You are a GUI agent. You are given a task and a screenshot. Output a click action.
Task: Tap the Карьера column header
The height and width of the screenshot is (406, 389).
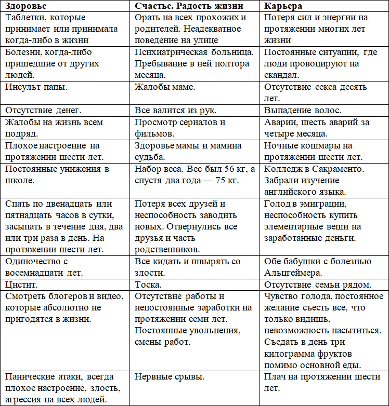(x=283, y=7)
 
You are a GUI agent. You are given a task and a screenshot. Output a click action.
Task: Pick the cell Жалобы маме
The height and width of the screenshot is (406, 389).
(x=165, y=87)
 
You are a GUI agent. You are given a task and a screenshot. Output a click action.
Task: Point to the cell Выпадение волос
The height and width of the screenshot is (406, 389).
(x=303, y=110)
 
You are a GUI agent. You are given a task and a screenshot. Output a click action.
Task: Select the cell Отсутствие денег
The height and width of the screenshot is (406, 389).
(x=44, y=110)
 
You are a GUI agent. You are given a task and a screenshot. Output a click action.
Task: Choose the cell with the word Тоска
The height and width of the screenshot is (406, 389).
(x=148, y=285)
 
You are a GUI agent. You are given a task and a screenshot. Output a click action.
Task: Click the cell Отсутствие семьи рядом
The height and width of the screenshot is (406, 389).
(x=318, y=285)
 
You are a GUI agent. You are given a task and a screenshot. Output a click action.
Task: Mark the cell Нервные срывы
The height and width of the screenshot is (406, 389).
(x=170, y=376)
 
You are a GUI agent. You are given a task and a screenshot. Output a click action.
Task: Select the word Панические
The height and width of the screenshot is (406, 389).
(x=31, y=376)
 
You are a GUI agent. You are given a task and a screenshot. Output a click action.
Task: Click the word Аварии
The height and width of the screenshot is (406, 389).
(x=281, y=123)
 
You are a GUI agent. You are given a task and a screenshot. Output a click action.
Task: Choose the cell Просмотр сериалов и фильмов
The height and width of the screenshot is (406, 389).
(x=179, y=128)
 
